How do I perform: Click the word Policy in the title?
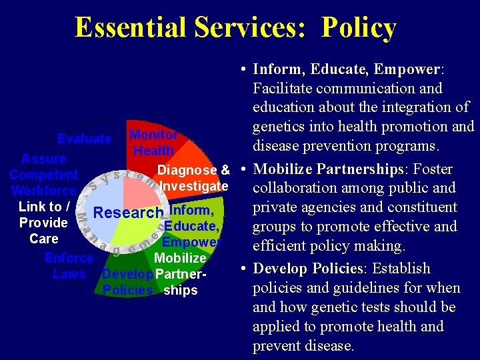coord(359,28)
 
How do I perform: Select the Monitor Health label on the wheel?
coord(153,143)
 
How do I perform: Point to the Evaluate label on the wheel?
coord(84,139)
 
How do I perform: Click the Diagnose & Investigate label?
coord(193,177)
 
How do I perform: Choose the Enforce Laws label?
coord(69,266)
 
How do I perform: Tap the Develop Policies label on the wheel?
coord(128,282)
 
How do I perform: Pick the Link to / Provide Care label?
coord(43,223)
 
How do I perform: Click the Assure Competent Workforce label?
coord(43,175)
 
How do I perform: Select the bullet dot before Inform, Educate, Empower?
coord(245,69)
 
